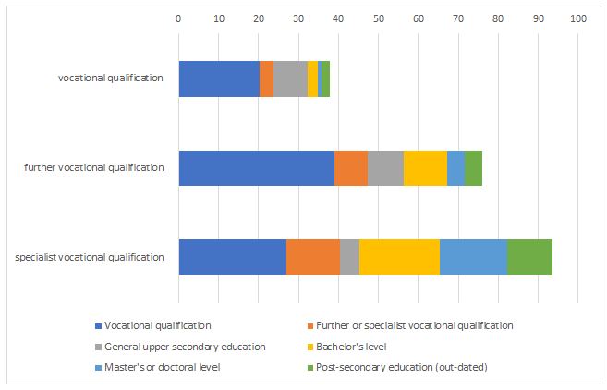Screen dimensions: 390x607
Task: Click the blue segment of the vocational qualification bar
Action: tap(219, 79)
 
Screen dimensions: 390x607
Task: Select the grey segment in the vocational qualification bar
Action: tap(290, 79)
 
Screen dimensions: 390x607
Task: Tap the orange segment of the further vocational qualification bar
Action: tap(351, 167)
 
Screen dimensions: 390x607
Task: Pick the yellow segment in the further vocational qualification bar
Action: tap(425, 167)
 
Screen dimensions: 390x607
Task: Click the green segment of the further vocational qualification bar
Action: tap(473, 167)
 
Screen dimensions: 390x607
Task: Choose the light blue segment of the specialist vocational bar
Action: tap(473, 256)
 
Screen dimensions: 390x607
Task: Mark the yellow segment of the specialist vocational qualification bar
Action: tap(399, 256)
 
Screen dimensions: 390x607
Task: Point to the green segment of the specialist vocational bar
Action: tap(529, 256)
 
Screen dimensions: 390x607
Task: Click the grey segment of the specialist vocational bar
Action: tap(349, 256)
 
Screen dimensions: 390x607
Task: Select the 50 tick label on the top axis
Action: tap(378, 18)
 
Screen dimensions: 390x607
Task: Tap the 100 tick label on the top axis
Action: tap(577, 18)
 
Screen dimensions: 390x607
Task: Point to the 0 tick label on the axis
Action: tap(178, 18)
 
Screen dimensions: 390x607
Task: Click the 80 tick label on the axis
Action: tap(498, 18)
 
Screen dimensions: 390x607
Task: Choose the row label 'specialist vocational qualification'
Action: tap(90, 256)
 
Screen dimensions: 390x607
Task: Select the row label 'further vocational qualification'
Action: tap(94, 167)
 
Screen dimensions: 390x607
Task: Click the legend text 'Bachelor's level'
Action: tap(350, 347)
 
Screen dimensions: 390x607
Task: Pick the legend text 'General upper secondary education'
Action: tap(185, 347)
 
